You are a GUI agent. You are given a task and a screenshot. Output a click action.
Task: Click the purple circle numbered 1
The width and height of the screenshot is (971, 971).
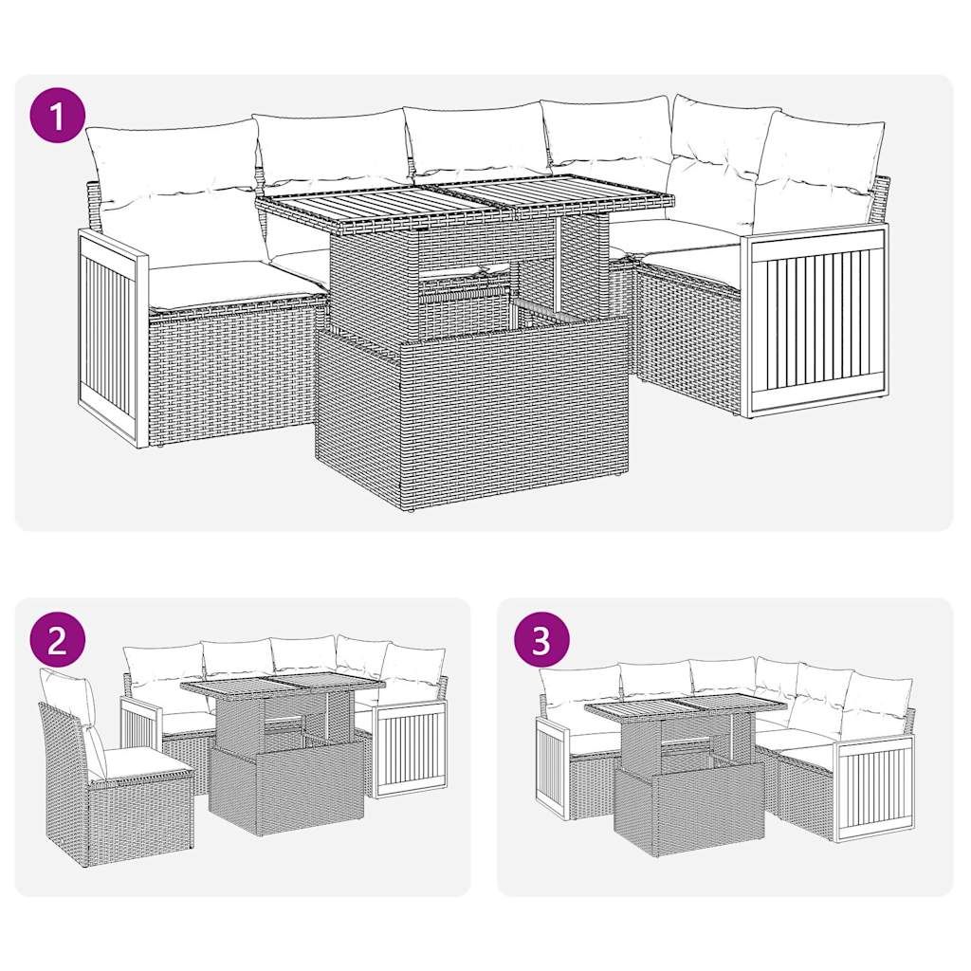(x=59, y=117)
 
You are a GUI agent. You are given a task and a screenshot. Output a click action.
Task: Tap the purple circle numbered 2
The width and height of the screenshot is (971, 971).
(x=57, y=641)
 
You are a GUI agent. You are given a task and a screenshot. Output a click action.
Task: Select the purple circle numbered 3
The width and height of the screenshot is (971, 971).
(x=540, y=641)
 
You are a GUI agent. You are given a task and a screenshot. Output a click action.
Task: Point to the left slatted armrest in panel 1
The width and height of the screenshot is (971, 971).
(x=112, y=337)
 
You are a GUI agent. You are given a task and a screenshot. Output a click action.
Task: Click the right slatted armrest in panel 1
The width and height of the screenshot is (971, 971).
(x=815, y=320)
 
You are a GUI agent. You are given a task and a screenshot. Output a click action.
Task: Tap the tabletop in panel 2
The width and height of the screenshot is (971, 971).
(x=282, y=686)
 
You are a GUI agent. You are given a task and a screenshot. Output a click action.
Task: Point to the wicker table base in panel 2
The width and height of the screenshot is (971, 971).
(x=284, y=787)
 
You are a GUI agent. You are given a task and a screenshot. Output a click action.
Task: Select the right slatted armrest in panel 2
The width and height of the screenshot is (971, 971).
(x=410, y=749)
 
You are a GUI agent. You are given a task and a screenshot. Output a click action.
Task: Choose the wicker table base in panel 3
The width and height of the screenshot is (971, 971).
(x=689, y=806)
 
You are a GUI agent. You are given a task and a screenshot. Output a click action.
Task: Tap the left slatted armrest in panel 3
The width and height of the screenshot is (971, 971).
(x=551, y=768)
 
